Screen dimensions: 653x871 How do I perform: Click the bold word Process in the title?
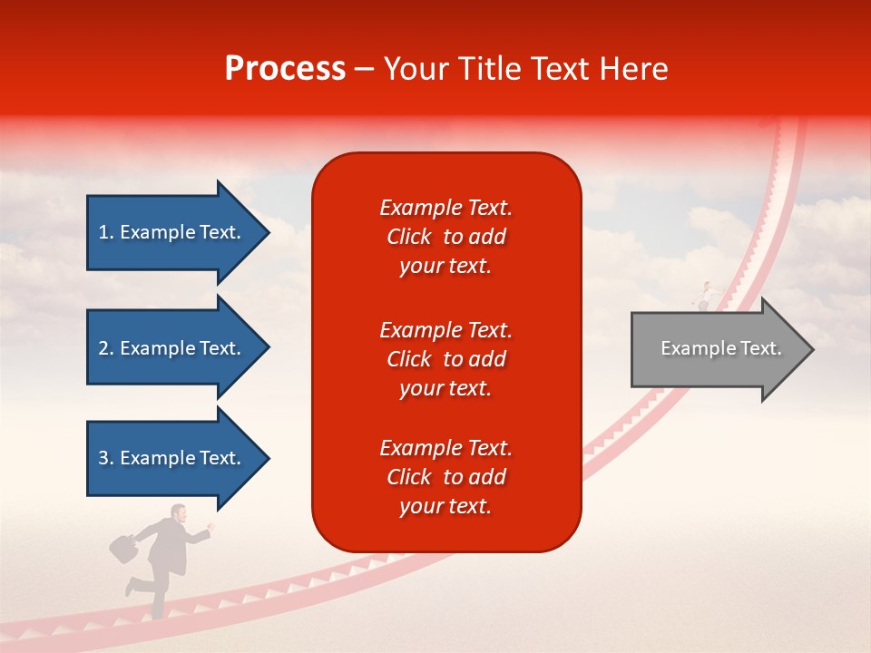[285, 69]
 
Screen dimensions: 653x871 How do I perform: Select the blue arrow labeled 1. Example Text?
[172, 232]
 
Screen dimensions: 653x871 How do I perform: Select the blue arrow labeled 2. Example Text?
[172, 348]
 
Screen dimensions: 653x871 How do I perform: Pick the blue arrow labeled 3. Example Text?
[172, 458]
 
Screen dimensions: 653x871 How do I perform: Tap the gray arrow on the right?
[717, 348]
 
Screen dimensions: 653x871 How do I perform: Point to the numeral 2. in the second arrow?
[106, 348]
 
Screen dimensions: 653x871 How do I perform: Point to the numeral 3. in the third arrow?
[106, 458]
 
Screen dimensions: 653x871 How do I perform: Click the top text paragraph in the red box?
[445, 237]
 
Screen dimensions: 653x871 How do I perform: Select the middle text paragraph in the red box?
[445, 358]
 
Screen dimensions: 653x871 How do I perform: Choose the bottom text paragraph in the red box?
[445, 477]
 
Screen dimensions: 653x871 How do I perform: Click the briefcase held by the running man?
[122, 547]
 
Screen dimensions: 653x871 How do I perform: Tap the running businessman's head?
[180, 513]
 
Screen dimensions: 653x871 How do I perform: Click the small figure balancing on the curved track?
[707, 294]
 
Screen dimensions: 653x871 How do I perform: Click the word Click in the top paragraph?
[408, 237]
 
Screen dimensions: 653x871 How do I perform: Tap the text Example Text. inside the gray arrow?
[720, 348]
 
